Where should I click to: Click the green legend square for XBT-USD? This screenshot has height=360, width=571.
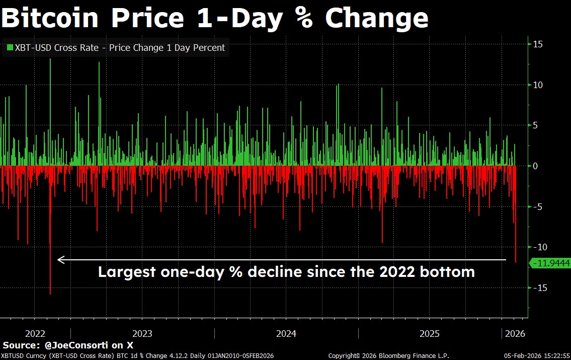pos(10,48)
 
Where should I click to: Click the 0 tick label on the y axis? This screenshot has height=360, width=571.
pos(535,166)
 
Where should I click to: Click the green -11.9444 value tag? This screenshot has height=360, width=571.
pos(550,263)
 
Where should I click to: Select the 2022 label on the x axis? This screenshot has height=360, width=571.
pos(35,333)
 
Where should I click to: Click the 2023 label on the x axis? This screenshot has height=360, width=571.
pos(142,333)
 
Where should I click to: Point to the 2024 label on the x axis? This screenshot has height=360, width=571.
pos(286,333)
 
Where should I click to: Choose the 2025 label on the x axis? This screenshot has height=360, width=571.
pos(430,333)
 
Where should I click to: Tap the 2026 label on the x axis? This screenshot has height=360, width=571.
pos(515,333)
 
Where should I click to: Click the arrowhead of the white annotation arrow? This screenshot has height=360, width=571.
pos(60,260)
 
